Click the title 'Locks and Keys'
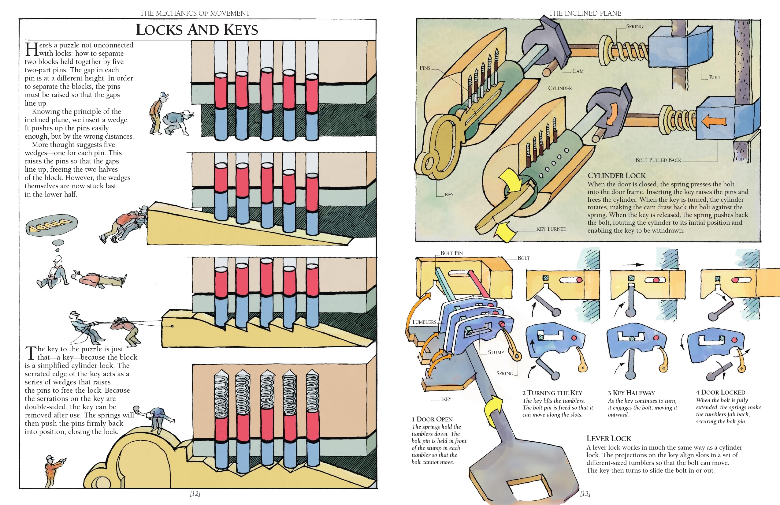197,30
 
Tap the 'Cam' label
578,71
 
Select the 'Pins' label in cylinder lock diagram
425,68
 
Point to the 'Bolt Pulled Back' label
658,160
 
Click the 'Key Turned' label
551,229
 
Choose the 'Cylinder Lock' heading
616,176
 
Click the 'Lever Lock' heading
609,438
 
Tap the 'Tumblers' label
424,322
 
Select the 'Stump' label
496,352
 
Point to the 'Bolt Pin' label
451,253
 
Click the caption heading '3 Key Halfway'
631,393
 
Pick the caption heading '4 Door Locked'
720,392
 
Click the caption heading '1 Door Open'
432,419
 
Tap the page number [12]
195,493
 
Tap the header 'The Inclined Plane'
585,13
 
